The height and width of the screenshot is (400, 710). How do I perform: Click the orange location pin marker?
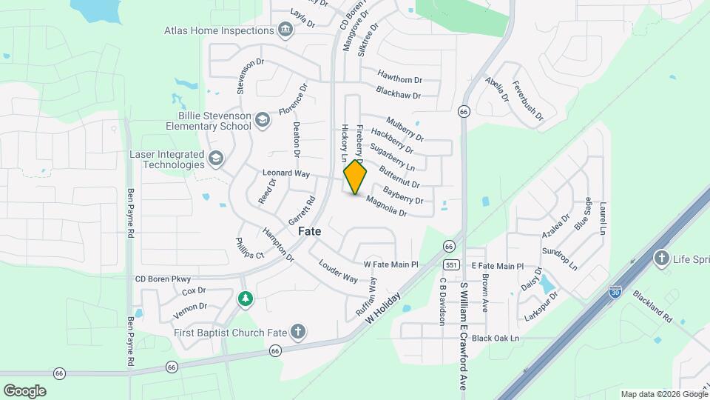pyautogui.click(x=356, y=177)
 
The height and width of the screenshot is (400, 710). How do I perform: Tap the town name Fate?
pyautogui.click(x=310, y=231)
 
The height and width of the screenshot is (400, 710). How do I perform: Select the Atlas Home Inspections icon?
pyautogui.click(x=285, y=30)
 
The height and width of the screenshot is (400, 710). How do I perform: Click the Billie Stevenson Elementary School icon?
pyautogui.click(x=263, y=120)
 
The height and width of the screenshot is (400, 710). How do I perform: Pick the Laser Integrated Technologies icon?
pyautogui.click(x=215, y=158)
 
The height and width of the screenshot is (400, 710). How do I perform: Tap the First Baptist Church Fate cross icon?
pyautogui.click(x=297, y=332)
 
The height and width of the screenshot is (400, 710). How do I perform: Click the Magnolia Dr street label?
pyautogui.click(x=387, y=206)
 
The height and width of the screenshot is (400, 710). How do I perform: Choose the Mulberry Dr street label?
pyautogui.click(x=405, y=127)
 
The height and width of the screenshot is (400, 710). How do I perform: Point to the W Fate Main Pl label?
pyautogui.click(x=390, y=264)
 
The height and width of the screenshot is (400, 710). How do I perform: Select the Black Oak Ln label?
pyautogui.click(x=496, y=339)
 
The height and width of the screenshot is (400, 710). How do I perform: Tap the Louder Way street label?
pyautogui.click(x=338, y=272)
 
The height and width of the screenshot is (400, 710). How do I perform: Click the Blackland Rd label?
pyautogui.click(x=652, y=305)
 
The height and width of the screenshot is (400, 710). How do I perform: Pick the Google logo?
pyautogui.click(x=24, y=391)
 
